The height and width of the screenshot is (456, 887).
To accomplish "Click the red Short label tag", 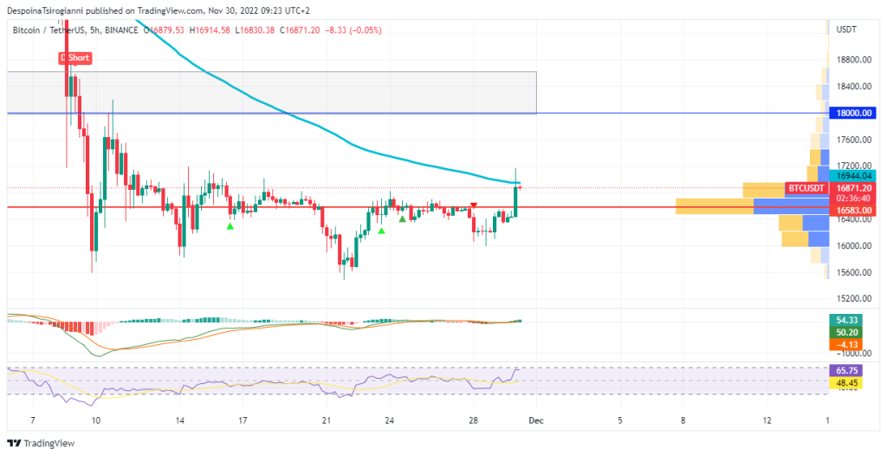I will [x=75, y=58].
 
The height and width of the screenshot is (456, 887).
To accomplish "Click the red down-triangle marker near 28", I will [x=473, y=205].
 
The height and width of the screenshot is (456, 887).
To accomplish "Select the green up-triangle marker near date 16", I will [x=230, y=226].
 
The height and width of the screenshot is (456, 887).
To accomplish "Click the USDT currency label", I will [x=846, y=29].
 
